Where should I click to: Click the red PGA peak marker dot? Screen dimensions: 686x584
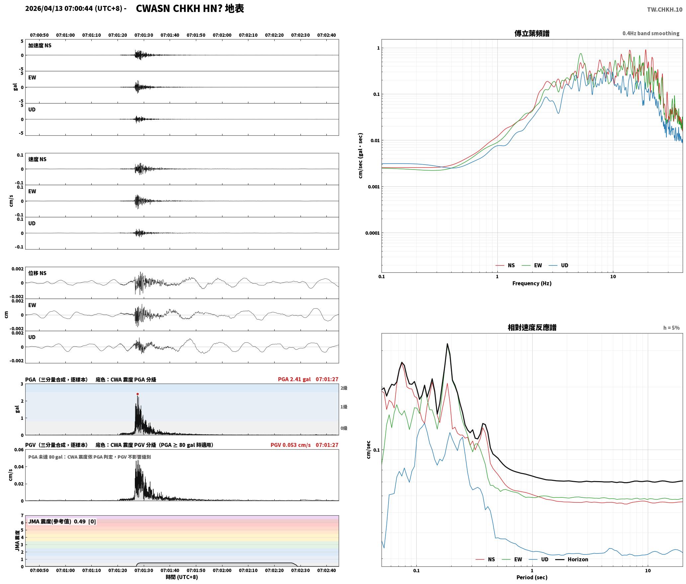tap(137, 394)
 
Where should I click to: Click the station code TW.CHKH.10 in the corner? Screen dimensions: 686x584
tap(664, 10)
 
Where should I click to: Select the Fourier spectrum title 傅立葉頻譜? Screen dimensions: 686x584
tap(532, 34)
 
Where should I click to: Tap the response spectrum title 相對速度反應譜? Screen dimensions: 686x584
tap(532, 328)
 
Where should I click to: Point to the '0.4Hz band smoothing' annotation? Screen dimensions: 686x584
tap(651, 34)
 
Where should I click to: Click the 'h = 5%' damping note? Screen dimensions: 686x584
tap(671, 328)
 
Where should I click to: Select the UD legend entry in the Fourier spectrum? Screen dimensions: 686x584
tap(558, 265)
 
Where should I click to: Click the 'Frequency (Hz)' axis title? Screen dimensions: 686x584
tap(532, 283)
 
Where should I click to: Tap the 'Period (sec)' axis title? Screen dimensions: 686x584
tap(532, 577)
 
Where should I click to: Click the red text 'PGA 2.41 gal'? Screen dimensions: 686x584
tap(294, 379)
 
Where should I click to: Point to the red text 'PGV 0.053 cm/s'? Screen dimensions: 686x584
tap(291, 445)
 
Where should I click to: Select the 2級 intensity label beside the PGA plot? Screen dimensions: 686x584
tap(344, 388)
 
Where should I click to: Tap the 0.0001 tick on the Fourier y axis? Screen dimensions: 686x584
tap(372, 233)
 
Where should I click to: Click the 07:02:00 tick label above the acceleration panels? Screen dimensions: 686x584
tap(222, 35)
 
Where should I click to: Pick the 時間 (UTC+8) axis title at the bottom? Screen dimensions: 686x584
tap(182, 577)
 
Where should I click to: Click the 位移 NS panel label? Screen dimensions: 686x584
tap(37, 273)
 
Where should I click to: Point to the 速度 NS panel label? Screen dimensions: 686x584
tap(37, 159)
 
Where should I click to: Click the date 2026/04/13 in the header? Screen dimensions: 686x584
tap(44, 9)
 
